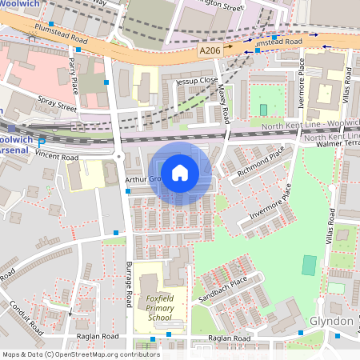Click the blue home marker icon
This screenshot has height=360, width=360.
tap(180, 172)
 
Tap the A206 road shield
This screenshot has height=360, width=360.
tap(210, 50)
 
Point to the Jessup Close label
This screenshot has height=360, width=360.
tap(197, 81)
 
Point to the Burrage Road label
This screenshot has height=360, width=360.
tap(128, 284)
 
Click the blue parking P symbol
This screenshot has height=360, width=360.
tap(42, 142)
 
